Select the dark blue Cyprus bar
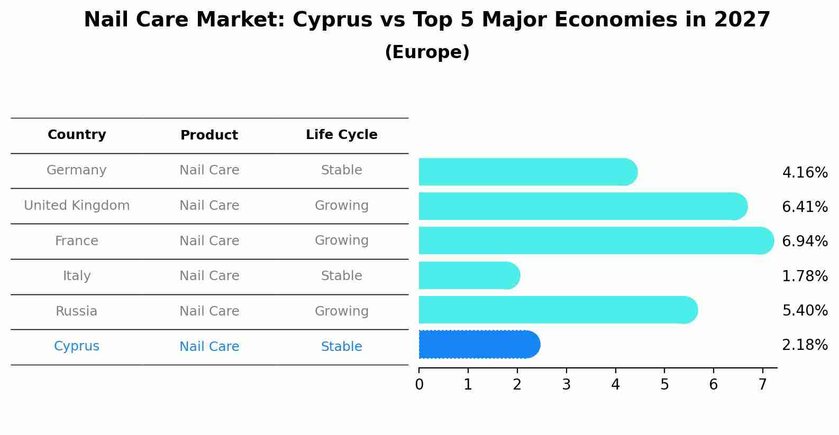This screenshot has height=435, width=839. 479,345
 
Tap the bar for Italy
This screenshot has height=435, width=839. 469,275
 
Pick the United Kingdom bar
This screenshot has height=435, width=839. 582,206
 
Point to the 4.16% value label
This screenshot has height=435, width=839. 805,172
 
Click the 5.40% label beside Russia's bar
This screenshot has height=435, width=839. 805,310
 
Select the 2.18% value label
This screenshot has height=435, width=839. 805,345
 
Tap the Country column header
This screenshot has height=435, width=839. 77,135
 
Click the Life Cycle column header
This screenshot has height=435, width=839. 341,135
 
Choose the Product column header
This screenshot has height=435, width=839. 209,135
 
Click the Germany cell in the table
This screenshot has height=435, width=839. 77,170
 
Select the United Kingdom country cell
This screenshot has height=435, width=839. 77,206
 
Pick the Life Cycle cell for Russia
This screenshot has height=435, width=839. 341,311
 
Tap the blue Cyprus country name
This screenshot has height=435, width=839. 77,346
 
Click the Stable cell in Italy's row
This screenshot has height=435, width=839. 341,276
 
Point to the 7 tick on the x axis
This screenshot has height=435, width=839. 762,385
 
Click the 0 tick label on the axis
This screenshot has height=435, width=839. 419,385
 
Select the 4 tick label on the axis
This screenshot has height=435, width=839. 615,385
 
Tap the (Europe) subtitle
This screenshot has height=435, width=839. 427,52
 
